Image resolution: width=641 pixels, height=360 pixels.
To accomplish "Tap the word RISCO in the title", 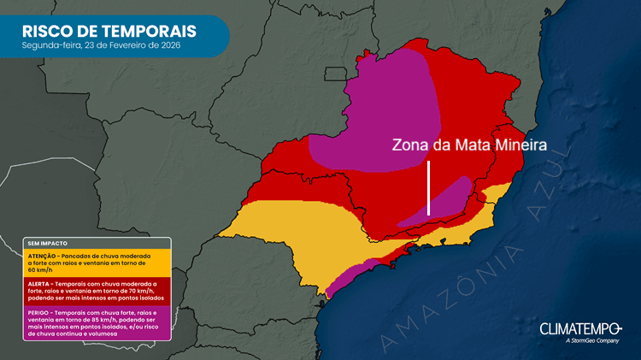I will [52, 31].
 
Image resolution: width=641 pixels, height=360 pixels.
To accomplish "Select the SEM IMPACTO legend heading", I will [42, 243].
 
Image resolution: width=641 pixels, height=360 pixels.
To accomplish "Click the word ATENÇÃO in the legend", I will [43, 255].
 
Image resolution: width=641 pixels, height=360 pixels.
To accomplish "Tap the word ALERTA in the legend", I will [39, 283].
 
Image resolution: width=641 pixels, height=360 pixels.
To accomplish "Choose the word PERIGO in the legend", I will [39, 311].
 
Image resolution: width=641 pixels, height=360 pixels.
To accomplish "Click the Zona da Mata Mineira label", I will [468, 145].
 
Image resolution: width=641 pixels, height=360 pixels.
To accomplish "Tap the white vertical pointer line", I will [429, 188].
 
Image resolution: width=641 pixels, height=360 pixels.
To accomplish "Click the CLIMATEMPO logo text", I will [574, 328].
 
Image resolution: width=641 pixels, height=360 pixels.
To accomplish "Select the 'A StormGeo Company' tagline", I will [591, 341].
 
